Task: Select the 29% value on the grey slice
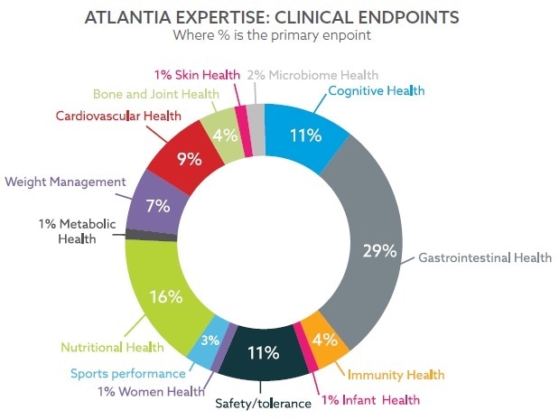pyautogui.click(x=378, y=250)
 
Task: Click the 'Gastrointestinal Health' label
pyautogui.click(x=485, y=257)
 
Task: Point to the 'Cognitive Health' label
pyautogui.click(x=376, y=90)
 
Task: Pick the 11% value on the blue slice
pyautogui.click(x=305, y=135)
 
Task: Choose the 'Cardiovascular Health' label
pyautogui.click(x=118, y=116)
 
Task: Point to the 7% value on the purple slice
pyautogui.click(x=157, y=206)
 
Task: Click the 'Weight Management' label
pyautogui.click(x=65, y=182)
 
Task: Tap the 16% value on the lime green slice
pyautogui.click(x=166, y=295)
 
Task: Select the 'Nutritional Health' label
pyautogui.click(x=112, y=346)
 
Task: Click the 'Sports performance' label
pyautogui.click(x=127, y=372)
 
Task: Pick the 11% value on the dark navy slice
pyautogui.click(x=263, y=352)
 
